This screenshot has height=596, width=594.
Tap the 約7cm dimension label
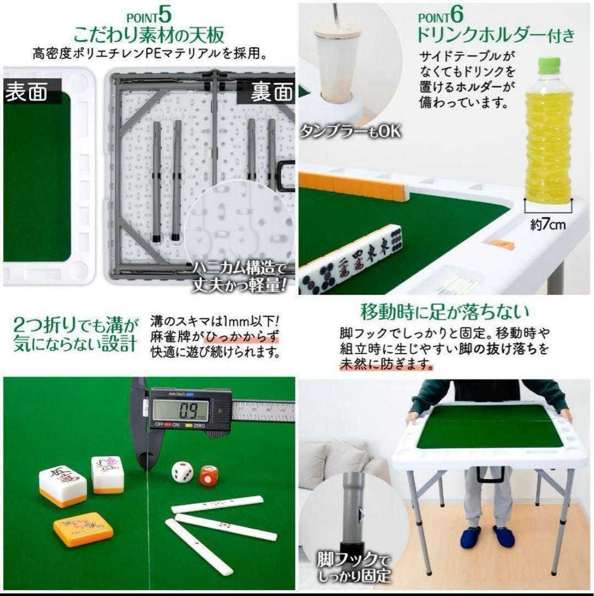point(548,225)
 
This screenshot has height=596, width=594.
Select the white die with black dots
point(183,472)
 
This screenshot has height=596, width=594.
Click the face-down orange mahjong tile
point(83,529)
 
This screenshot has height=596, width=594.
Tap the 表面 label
point(26,92)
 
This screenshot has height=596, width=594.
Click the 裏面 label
point(271,92)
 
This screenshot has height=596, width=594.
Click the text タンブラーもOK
point(349,131)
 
